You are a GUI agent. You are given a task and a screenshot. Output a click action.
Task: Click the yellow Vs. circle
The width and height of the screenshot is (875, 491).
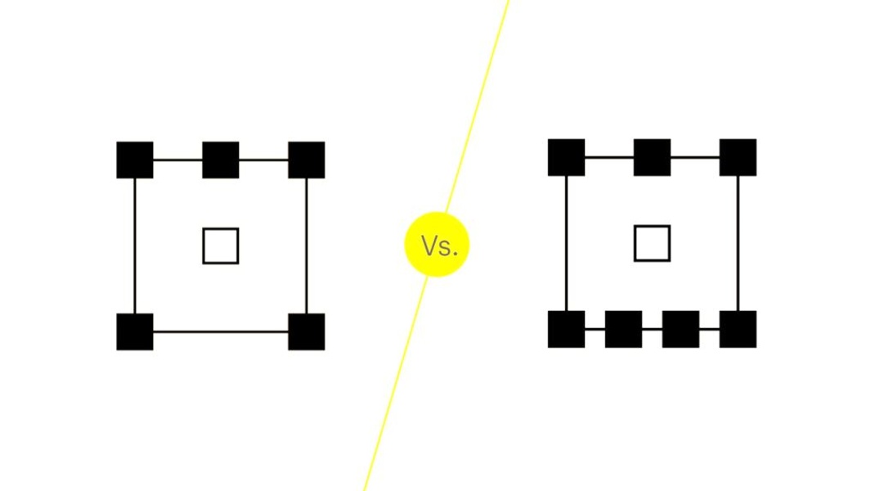tap(437, 244)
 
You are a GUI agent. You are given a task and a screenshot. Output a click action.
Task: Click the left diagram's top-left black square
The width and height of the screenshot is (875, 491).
tap(134, 160)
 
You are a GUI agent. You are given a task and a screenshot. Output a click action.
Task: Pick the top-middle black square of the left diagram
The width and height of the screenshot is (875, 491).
tap(221, 160)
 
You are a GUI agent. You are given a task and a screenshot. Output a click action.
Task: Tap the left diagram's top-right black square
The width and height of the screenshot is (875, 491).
tap(307, 160)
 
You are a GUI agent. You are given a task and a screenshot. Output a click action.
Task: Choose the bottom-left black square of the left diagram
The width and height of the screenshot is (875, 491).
tap(134, 331)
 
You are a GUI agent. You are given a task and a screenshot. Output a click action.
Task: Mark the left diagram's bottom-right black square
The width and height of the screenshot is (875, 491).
tap(307, 331)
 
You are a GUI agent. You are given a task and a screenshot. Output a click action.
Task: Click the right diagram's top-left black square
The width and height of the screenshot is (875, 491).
tap(567, 157)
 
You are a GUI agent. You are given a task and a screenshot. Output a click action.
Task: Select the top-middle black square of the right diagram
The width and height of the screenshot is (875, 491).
tap(652, 157)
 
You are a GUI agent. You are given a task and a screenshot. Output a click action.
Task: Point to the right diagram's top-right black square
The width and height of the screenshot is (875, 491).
tap(738, 157)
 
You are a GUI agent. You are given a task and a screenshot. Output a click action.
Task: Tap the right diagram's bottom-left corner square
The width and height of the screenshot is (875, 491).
tap(567, 329)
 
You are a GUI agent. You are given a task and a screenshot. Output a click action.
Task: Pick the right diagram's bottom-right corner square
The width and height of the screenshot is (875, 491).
tap(738, 329)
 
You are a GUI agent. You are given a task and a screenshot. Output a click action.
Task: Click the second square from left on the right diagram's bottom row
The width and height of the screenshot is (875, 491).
tap(623, 329)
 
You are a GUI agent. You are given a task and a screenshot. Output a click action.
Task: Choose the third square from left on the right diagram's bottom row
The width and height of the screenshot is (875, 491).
tap(681, 329)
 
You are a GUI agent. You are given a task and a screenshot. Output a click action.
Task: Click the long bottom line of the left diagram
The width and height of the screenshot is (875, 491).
tap(221, 331)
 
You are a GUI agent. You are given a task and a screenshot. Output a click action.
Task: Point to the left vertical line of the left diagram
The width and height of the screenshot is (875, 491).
tap(134, 245)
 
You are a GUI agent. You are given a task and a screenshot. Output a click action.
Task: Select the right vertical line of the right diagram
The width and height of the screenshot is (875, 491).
tap(738, 243)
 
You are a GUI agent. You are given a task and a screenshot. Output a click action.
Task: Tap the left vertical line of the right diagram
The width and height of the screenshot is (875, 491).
tap(567, 243)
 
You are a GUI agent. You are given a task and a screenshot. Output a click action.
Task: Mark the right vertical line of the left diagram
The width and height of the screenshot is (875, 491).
tap(307, 245)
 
